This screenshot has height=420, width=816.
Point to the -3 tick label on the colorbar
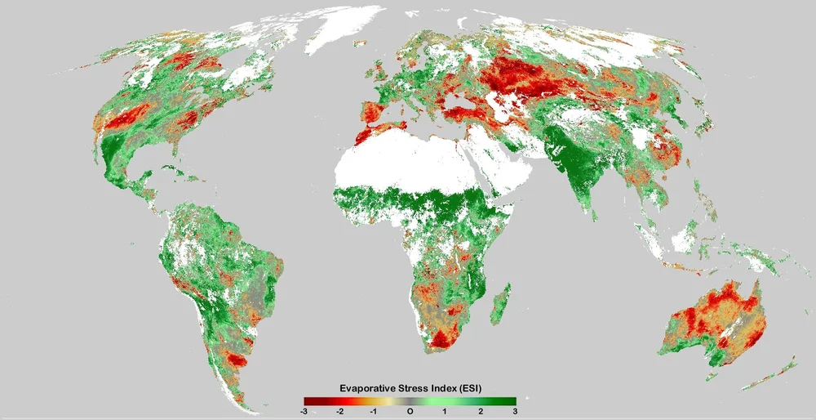304,412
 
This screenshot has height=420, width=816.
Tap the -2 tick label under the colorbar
339,412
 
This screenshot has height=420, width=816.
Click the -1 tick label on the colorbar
374,412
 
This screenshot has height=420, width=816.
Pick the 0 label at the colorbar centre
410,412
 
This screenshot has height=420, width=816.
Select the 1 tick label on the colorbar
445,412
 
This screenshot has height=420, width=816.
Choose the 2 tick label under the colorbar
480,412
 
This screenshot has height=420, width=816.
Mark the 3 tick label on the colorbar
515,412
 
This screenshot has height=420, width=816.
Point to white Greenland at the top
343,25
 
